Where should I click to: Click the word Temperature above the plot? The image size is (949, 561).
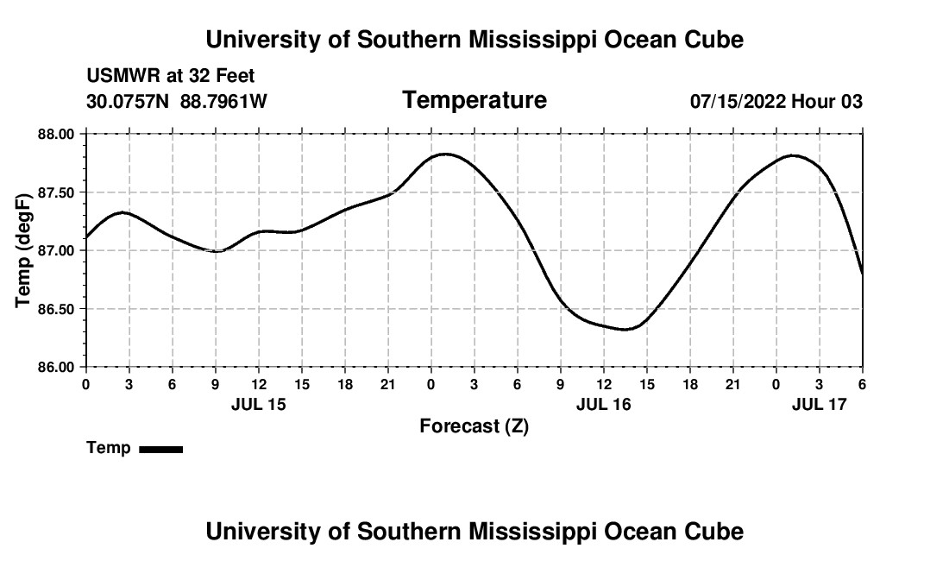coord(474,100)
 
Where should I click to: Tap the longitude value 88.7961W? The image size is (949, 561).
coord(223,102)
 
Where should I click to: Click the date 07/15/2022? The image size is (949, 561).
coord(738,102)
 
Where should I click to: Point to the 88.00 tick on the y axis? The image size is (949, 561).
coord(56,134)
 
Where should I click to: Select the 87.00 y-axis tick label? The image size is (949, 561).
coord(56,250)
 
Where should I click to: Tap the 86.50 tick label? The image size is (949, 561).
coord(56,309)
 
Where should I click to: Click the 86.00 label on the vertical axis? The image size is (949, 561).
coord(56,367)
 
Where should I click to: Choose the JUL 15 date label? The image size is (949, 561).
coord(258,404)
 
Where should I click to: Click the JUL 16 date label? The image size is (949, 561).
coord(603,404)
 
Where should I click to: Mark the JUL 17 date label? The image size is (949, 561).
coord(819,404)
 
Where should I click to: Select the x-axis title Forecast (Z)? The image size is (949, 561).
coord(474,426)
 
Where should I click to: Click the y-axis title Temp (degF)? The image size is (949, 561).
coord(24,250)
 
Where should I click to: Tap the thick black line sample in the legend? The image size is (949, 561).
coord(160,449)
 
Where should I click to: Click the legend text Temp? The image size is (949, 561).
coord(109,449)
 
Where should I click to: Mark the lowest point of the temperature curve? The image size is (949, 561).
coord(626,329)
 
